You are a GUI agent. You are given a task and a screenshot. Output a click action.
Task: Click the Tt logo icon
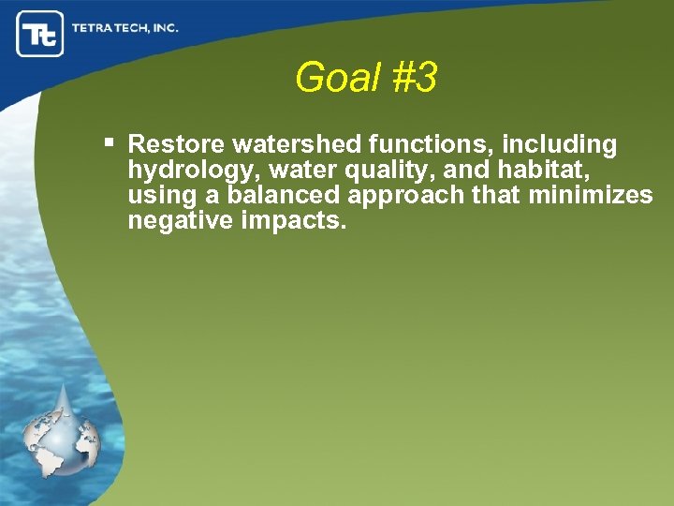pyautogui.click(x=40, y=34)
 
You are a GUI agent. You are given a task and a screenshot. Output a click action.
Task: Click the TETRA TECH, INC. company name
pyautogui.click(x=125, y=28)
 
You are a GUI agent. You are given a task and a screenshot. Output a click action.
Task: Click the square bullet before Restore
pyautogui.click(x=110, y=143)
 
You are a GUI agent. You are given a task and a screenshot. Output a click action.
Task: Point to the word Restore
pyautogui.click(x=176, y=145)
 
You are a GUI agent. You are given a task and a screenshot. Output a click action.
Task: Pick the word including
pyautogui.click(x=560, y=145)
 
